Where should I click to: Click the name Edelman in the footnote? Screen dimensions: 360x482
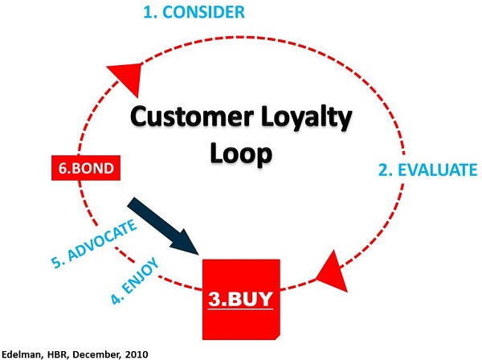click(x=18, y=353)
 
